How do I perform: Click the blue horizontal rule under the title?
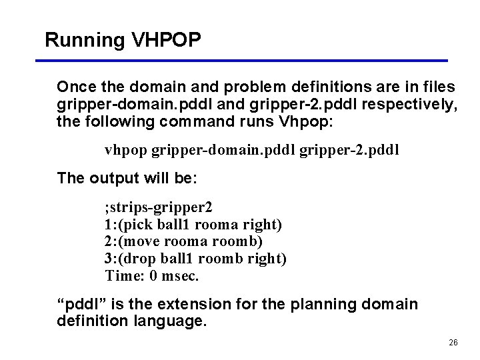pyautogui.click(x=242, y=61)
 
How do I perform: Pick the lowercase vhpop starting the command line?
pyautogui.click(x=126, y=150)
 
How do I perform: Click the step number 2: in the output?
pyautogui.click(x=111, y=241)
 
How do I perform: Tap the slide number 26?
pyautogui.click(x=453, y=342)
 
